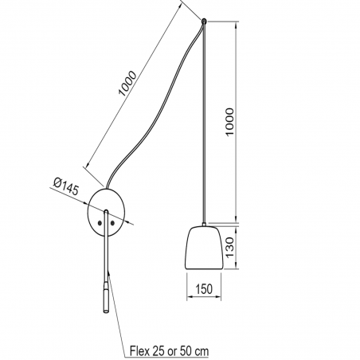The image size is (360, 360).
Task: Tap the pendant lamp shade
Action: coord(205,249)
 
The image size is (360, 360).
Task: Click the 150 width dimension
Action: coord(205,288)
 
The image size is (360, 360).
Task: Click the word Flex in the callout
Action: coord(140,350)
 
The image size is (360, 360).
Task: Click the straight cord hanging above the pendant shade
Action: coord(205,119)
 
